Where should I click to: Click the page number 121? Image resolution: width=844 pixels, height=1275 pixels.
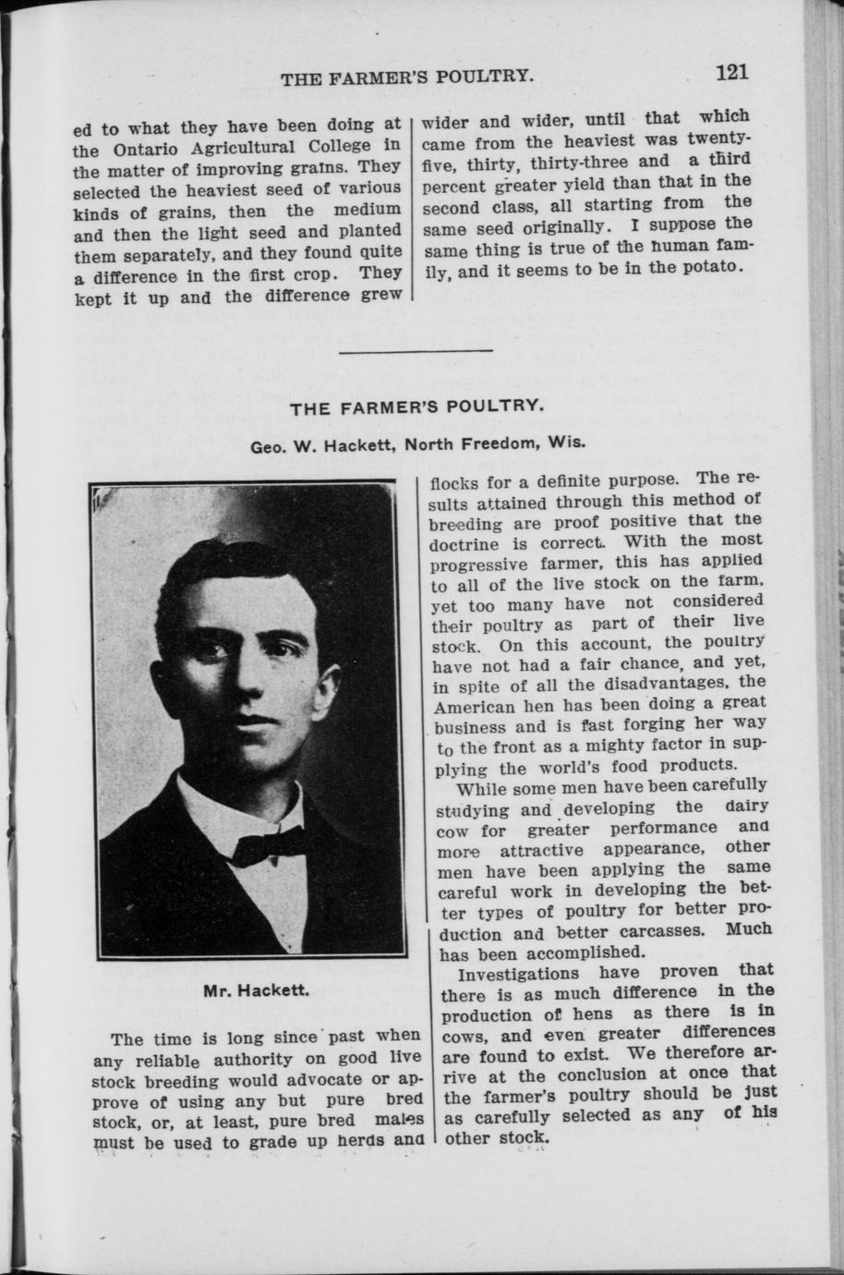pyautogui.click(x=729, y=73)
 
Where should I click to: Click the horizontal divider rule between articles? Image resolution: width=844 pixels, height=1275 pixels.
pyautogui.click(x=417, y=352)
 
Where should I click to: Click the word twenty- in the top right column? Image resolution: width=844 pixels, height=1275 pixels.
pyautogui.click(x=717, y=139)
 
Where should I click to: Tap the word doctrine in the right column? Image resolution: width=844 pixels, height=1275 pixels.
pyautogui.click(x=467, y=544)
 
